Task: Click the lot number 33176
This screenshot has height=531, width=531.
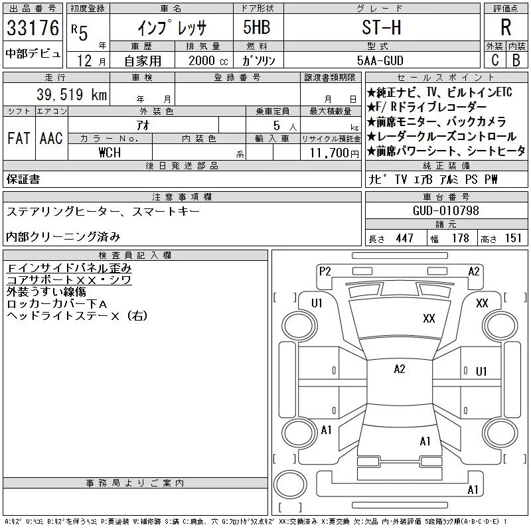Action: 33,28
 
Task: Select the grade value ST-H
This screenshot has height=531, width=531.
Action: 381,27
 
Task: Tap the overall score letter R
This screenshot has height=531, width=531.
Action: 506,27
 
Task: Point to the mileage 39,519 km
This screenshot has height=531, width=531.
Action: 72,94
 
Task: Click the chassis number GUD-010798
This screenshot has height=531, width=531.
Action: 445,210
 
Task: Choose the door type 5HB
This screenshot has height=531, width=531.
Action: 257,27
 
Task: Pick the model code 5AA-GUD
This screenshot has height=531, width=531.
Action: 380,60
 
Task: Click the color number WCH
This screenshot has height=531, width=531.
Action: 110,153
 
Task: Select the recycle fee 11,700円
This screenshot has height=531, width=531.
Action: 334,153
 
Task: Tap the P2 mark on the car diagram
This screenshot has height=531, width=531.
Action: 325,271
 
